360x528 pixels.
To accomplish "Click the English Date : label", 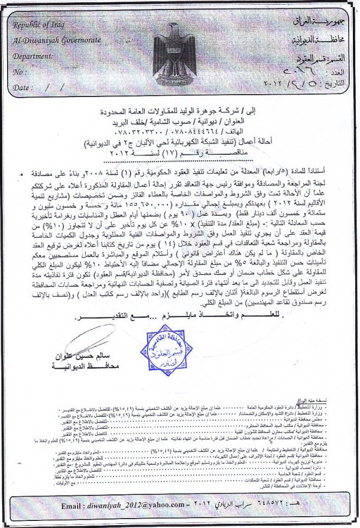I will click(23, 87).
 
